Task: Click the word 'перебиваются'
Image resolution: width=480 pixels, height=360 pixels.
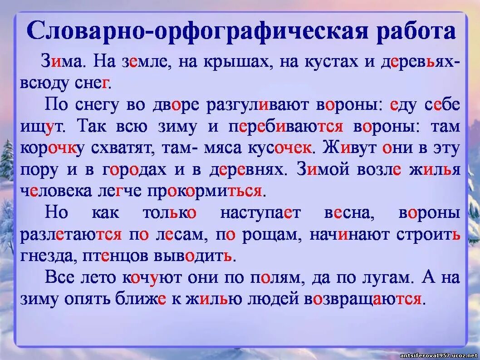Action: [286, 127]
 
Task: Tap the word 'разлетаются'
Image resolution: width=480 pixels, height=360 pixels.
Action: [71, 234]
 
